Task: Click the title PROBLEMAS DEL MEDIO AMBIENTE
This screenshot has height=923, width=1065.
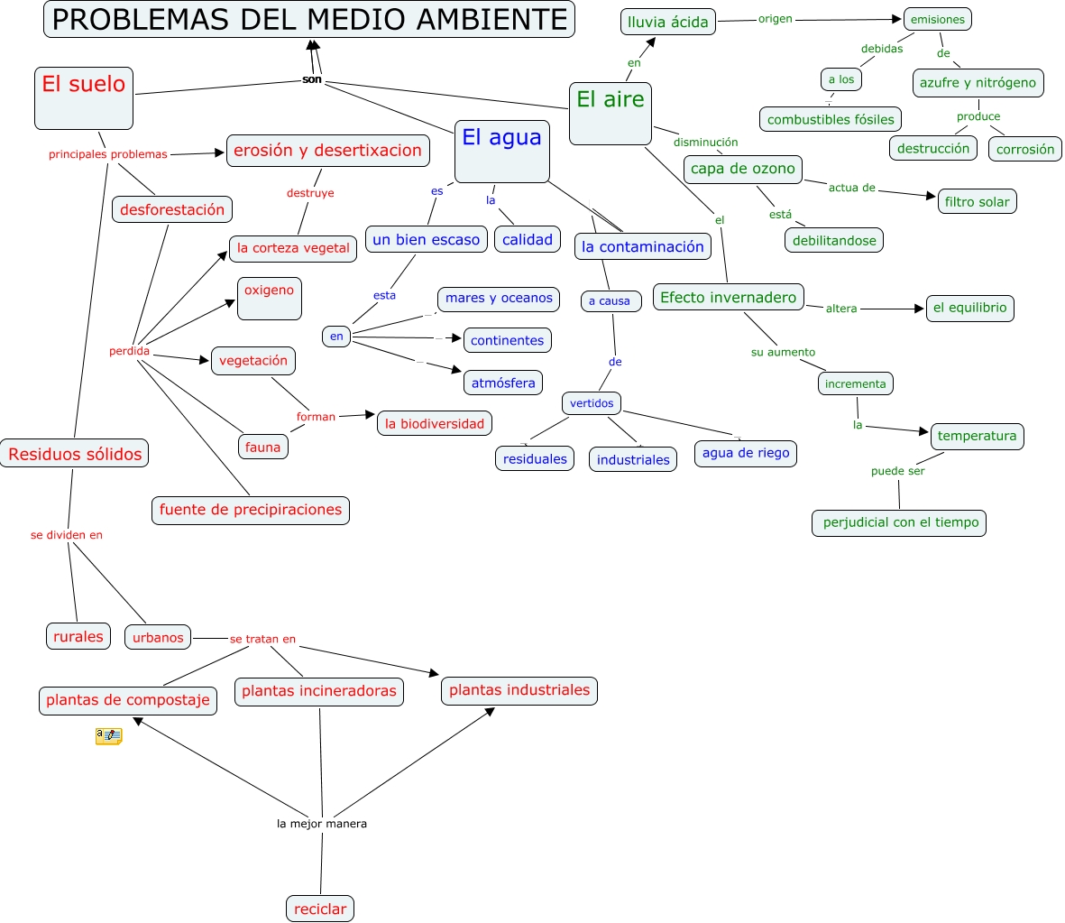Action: tap(309, 19)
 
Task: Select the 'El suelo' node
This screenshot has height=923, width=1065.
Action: tap(84, 97)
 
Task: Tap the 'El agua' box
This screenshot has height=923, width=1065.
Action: tap(501, 151)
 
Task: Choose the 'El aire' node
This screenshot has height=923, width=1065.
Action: tap(611, 113)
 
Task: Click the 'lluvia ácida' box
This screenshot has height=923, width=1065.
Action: tap(668, 22)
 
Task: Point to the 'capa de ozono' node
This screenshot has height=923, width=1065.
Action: tap(743, 169)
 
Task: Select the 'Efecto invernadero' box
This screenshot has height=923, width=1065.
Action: tap(729, 298)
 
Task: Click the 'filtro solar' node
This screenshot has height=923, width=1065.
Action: tap(978, 201)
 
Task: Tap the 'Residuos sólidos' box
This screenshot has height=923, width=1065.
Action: tap(75, 454)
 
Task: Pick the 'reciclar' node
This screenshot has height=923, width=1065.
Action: tap(320, 909)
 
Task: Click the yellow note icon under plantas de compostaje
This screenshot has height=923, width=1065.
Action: tap(108, 736)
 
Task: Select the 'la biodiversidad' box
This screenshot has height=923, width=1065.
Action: tap(435, 423)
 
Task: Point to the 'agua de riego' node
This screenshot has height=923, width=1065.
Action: tap(746, 453)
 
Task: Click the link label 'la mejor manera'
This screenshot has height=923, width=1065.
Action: tap(322, 824)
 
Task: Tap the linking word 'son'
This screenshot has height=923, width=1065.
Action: tap(312, 79)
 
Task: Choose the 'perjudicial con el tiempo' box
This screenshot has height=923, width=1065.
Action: tap(900, 522)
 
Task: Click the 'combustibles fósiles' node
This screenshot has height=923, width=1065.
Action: tap(831, 119)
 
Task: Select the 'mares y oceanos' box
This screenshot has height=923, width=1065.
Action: tap(499, 299)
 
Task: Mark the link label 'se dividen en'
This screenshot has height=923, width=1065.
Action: tap(67, 535)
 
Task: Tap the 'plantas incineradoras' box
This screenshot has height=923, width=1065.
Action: tap(319, 691)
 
